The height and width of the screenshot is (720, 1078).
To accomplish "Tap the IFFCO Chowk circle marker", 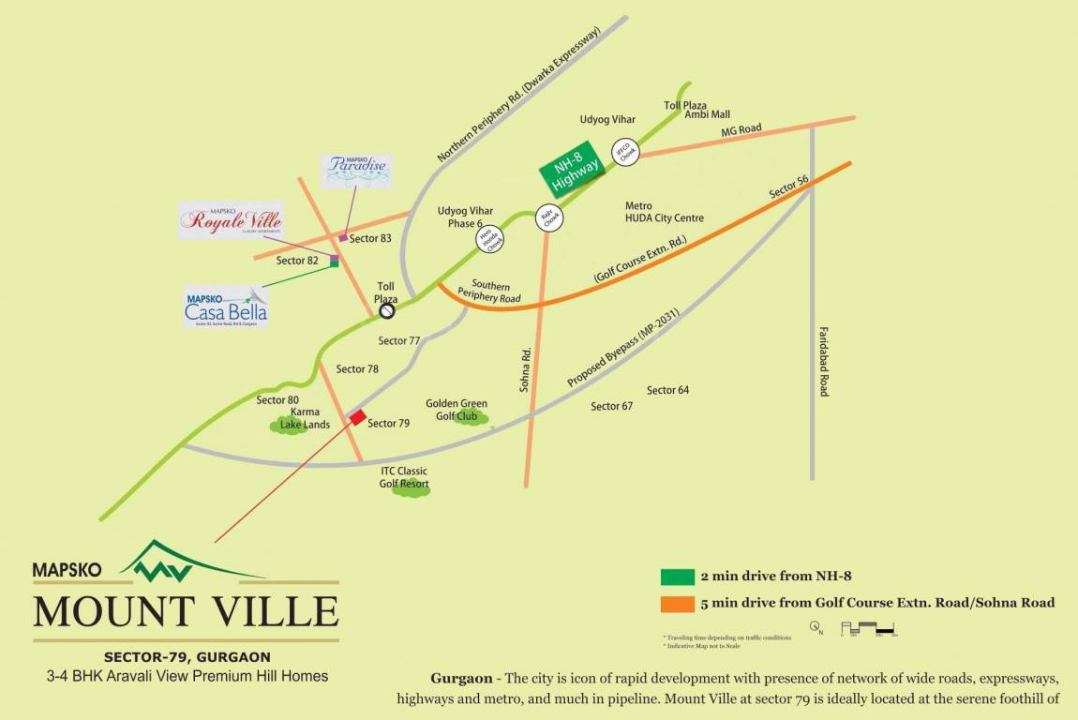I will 625,152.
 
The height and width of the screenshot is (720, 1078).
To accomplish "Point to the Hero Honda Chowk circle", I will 487,241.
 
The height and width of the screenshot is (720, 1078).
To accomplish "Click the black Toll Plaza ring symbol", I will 385,311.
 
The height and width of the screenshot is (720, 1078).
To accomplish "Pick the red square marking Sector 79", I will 358,416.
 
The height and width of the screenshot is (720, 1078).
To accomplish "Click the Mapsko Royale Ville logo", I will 231,220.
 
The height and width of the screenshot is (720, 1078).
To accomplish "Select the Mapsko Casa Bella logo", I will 226,307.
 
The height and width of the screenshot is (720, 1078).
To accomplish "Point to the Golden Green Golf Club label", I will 457,410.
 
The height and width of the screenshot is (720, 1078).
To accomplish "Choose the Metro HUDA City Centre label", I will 664,212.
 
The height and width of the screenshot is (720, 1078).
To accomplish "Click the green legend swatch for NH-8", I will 677,577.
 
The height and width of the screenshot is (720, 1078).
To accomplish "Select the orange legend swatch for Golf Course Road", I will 677,603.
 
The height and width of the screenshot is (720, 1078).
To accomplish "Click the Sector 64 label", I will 667,390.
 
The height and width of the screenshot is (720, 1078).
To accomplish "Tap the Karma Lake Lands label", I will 306,418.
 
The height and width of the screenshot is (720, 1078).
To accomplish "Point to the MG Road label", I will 741,129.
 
